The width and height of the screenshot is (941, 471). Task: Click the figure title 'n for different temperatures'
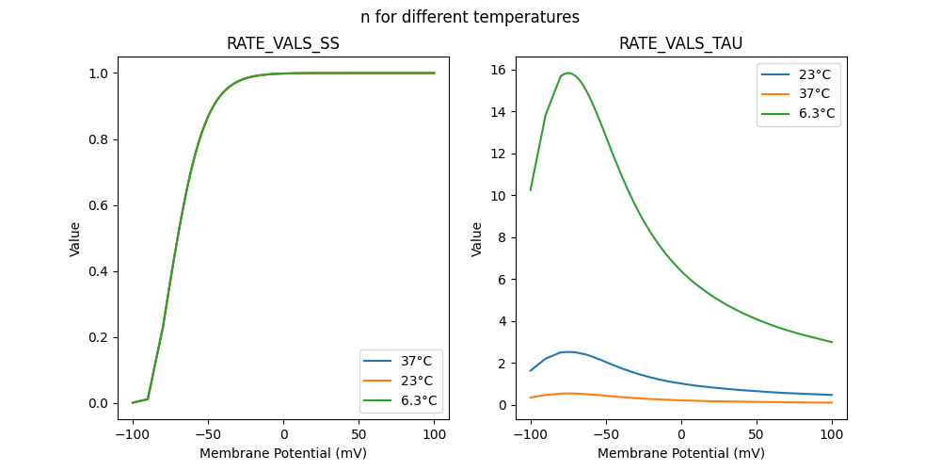tap(470, 17)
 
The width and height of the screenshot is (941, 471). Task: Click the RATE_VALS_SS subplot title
tap(283, 43)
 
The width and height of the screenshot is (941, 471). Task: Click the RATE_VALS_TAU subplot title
tap(681, 43)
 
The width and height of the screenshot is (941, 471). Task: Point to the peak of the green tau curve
tap(568, 73)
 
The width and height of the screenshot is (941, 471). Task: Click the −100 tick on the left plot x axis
tap(133, 434)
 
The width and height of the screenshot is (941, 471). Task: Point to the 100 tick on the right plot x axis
tap(832, 434)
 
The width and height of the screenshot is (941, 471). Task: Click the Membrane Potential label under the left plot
tap(283, 453)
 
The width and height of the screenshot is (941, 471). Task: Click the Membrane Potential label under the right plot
tap(681, 453)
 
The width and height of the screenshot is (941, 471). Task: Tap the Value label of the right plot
tap(477, 238)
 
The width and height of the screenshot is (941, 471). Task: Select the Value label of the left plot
tap(75, 238)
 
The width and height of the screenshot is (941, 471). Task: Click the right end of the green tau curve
tap(832, 342)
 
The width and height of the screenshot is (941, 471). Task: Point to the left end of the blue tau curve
tap(531, 370)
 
